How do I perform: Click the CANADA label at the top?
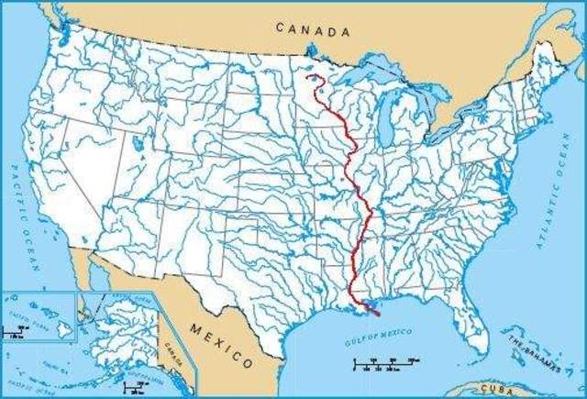315,30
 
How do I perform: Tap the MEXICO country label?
220,341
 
